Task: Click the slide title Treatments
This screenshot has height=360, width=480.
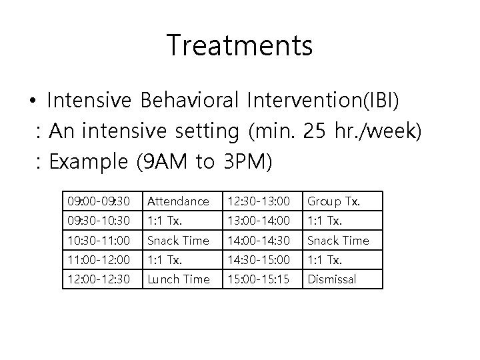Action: pos(239,45)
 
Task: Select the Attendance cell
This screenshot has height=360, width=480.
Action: pos(178,201)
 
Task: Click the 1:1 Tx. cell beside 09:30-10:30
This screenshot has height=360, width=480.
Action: pos(164,220)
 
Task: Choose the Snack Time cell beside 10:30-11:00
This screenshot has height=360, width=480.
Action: pos(178,240)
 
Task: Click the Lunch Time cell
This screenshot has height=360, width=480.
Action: pos(178,279)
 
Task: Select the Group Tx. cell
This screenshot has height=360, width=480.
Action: pos(333,201)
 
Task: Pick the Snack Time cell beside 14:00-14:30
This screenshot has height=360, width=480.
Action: pos(337,240)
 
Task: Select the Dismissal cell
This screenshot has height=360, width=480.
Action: pos(331,279)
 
